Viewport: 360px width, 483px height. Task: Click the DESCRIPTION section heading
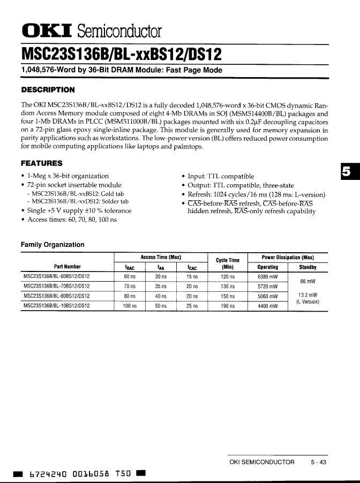(47, 89)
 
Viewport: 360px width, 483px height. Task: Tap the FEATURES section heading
(41, 163)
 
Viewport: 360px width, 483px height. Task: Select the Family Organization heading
(52, 245)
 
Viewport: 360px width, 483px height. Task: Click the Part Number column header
(67, 267)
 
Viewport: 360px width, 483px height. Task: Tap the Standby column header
(307, 267)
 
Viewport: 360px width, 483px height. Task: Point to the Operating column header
(268, 267)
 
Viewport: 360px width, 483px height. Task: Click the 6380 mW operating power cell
(268, 277)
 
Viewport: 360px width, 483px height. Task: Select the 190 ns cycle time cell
(228, 306)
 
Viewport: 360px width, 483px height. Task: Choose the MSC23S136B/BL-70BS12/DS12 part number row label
(57, 286)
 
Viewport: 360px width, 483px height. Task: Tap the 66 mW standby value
(307, 282)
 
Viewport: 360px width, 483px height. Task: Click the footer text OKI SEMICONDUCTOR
(261, 462)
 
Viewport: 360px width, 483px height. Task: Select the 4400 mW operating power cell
(268, 306)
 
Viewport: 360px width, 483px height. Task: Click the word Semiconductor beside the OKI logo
(119, 31)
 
